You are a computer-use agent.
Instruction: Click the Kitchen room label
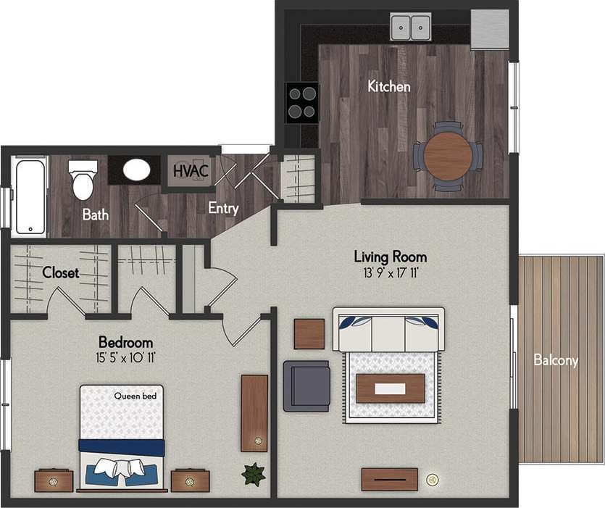(389, 87)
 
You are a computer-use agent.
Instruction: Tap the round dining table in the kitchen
(448, 156)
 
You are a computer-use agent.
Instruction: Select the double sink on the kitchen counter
(410, 28)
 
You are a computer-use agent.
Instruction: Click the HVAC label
(191, 172)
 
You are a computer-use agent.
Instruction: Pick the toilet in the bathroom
(83, 179)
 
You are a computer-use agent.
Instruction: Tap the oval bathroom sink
(136, 170)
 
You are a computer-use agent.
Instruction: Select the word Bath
(95, 215)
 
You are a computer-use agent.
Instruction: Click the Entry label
(223, 208)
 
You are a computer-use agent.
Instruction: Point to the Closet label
(61, 273)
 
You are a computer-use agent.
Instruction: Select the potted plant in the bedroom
(253, 475)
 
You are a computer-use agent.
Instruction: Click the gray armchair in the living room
(306, 386)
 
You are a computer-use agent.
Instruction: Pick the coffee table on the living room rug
(391, 388)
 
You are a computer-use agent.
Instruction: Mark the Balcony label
(556, 360)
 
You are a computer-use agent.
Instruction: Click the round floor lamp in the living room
(433, 479)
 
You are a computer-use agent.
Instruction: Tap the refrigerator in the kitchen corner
(489, 29)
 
